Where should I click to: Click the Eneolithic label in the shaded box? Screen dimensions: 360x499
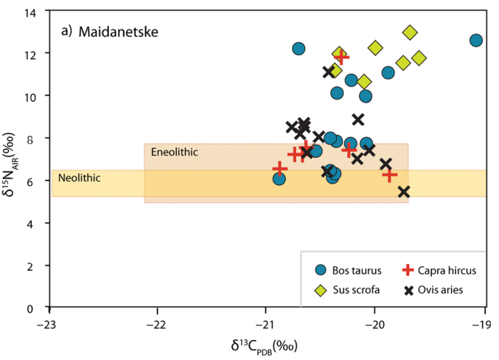pyautogui.click(x=174, y=152)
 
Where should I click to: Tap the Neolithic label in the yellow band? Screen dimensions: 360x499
pyautogui.click(x=79, y=178)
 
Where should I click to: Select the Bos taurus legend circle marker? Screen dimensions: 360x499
pyautogui.click(x=321, y=271)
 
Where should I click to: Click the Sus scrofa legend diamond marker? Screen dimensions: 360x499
pyautogui.click(x=321, y=290)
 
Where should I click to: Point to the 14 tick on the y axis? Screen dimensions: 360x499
pyautogui.click(x=35, y=12)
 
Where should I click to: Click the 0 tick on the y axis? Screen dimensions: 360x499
pyautogui.click(x=38, y=308)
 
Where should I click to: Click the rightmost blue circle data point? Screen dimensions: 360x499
pyautogui.click(x=476, y=41)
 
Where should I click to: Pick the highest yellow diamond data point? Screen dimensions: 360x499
pyautogui.click(x=410, y=32)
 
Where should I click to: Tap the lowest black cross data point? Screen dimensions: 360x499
pyautogui.click(x=404, y=192)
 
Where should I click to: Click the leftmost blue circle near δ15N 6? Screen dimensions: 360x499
pyautogui.click(x=279, y=179)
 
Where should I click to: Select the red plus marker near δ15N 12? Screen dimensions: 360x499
pyautogui.click(x=341, y=57)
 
